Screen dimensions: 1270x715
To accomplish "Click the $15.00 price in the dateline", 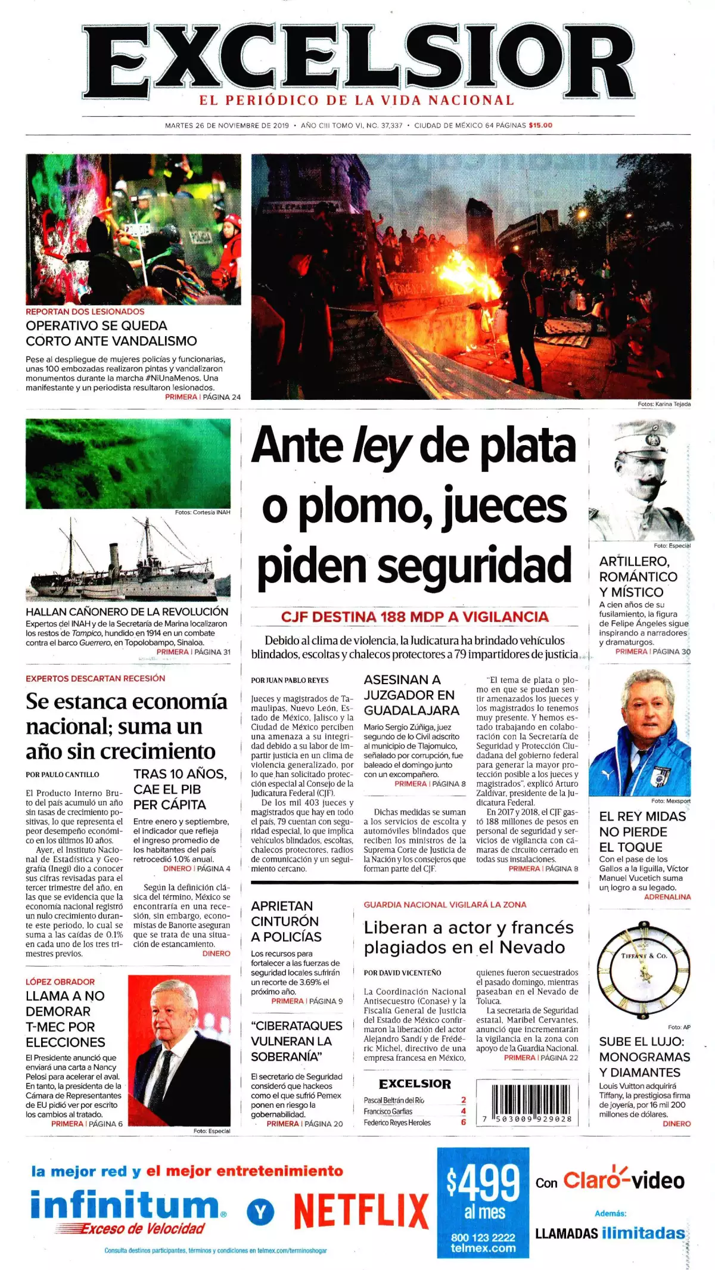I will point(540,125).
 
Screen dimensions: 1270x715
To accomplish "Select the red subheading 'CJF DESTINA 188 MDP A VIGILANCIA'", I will point(415,617).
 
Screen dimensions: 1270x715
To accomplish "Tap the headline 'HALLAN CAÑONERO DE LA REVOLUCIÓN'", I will point(127,611).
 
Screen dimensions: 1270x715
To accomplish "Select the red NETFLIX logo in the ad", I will point(361,1210).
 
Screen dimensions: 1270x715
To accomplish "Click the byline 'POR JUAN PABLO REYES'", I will point(290,680).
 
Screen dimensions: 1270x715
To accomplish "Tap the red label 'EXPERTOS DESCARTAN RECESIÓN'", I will point(95,678).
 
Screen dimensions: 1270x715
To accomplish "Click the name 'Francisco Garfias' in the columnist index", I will point(388,1111).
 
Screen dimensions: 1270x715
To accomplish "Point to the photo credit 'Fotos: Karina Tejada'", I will point(664,404).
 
